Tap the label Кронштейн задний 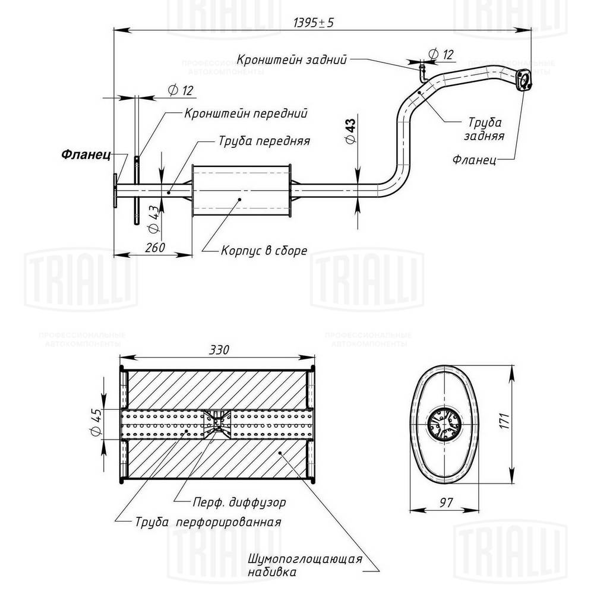(291, 59)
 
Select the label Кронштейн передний (245, 112)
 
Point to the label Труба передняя (264, 142)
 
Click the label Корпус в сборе (264, 250)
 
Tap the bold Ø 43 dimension (350, 130)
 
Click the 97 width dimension (446, 502)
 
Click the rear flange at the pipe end (523, 81)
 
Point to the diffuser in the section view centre (216, 424)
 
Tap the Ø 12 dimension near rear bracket (440, 54)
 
